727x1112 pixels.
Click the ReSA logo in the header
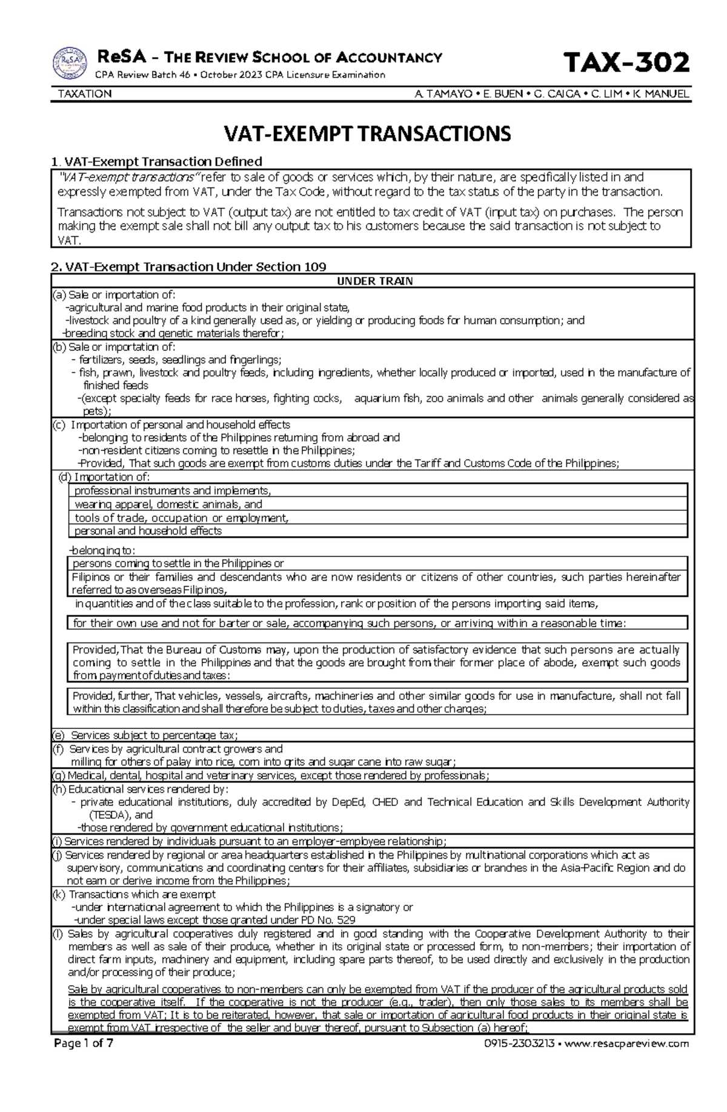70,64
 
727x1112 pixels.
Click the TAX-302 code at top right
626,62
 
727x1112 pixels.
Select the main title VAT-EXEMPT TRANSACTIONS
368,133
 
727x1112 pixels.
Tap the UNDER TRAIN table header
374,281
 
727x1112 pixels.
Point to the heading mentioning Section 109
188,267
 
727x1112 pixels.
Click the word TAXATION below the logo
84,94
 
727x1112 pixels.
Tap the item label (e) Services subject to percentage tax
143,735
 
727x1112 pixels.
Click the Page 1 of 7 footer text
83,1043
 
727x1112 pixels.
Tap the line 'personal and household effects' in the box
148,531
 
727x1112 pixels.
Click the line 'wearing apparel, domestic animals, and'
168,504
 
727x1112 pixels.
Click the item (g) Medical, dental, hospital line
270,776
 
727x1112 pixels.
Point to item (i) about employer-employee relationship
248,841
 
